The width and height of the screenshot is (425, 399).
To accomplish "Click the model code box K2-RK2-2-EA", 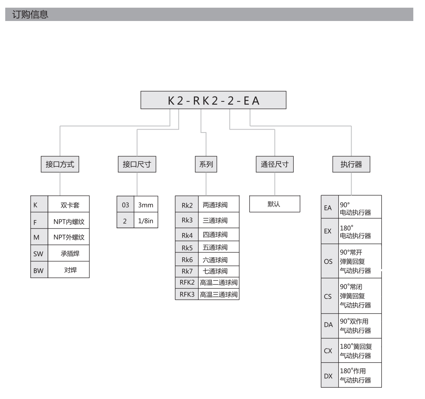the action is [213, 100].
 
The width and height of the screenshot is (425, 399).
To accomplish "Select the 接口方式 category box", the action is [60, 164].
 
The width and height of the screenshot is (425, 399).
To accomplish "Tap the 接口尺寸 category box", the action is [137, 164].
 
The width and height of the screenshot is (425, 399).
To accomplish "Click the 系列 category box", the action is [206, 164].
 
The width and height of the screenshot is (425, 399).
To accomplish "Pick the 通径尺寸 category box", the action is [275, 164].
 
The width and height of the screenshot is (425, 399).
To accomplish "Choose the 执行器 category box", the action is [351, 164].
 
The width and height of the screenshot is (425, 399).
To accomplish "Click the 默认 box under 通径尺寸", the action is [275, 204].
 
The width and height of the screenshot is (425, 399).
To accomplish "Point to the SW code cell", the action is [39, 253].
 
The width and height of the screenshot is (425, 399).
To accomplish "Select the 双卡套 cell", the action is [69, 204].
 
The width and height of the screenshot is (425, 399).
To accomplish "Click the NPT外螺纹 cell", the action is [69, 237].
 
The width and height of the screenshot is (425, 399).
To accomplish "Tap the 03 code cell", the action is [125, 204].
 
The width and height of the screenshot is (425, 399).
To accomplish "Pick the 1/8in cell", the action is [146, 220].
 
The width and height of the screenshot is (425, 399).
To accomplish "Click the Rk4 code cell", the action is [187, 235].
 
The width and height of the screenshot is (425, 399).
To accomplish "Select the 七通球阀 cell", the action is [219, 271].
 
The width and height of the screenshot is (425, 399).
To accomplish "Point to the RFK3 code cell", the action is [187, 294].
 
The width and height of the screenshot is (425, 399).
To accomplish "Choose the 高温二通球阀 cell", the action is [219, 283].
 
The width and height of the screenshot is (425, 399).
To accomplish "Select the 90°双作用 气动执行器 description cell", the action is [360, 326].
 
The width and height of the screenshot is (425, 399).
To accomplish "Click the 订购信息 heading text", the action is [30, 15].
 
